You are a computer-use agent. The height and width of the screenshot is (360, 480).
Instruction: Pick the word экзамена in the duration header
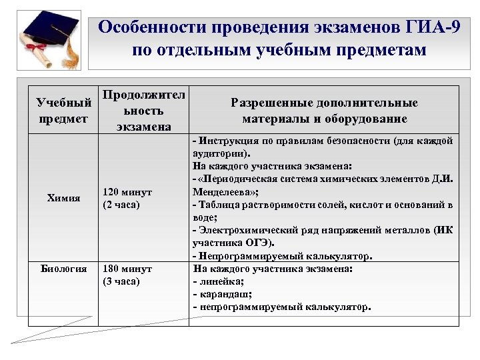[x=143, y=126]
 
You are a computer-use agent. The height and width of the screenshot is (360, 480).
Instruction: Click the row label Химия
[x=65, y=198]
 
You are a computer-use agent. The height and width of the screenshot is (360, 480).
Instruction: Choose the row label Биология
[x=64, y=269]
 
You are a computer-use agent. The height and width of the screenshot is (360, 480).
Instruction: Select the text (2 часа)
[x=121, y=204]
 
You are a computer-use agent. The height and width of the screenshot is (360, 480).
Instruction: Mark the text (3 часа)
[x=121, y=281]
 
